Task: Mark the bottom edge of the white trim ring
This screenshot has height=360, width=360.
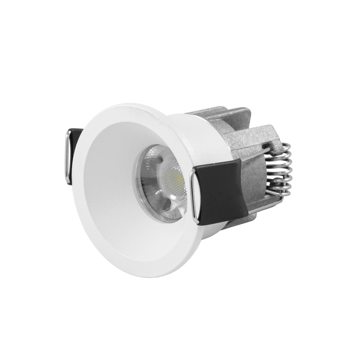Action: (142, 275)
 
